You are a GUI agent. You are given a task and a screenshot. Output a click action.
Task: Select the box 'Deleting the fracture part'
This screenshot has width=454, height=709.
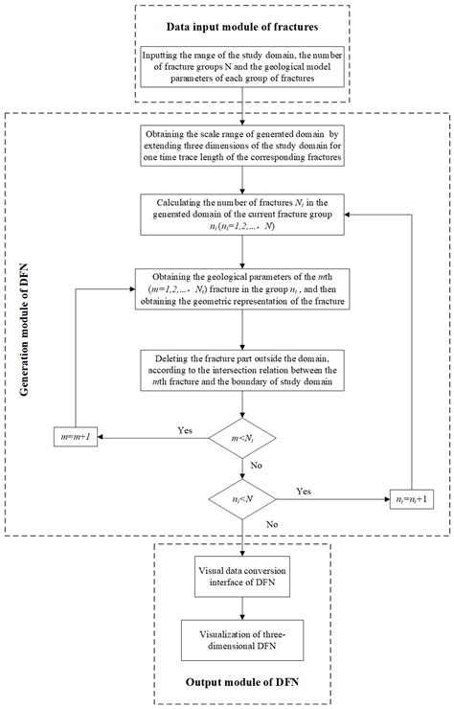pos(246,371)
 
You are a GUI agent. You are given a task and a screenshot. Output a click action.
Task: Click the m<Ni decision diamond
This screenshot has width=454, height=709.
pos(246,439)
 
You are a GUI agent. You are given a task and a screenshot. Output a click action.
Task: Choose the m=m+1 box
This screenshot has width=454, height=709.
pos(75,439)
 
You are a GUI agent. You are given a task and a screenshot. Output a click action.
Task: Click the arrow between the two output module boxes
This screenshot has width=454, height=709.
pos(246,610)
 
